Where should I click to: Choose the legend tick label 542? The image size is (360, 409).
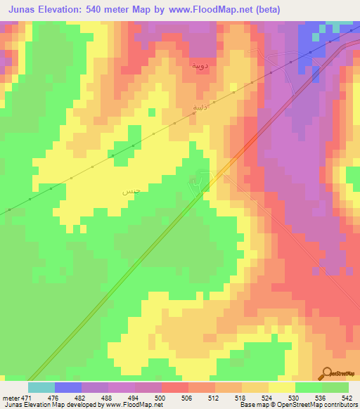click(x=346, y=396)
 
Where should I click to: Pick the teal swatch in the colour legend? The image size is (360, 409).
click(x=41, y=387)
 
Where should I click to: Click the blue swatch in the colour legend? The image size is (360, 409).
click(x=68, y=387)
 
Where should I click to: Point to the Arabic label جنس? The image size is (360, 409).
click(x=129, y=191)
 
